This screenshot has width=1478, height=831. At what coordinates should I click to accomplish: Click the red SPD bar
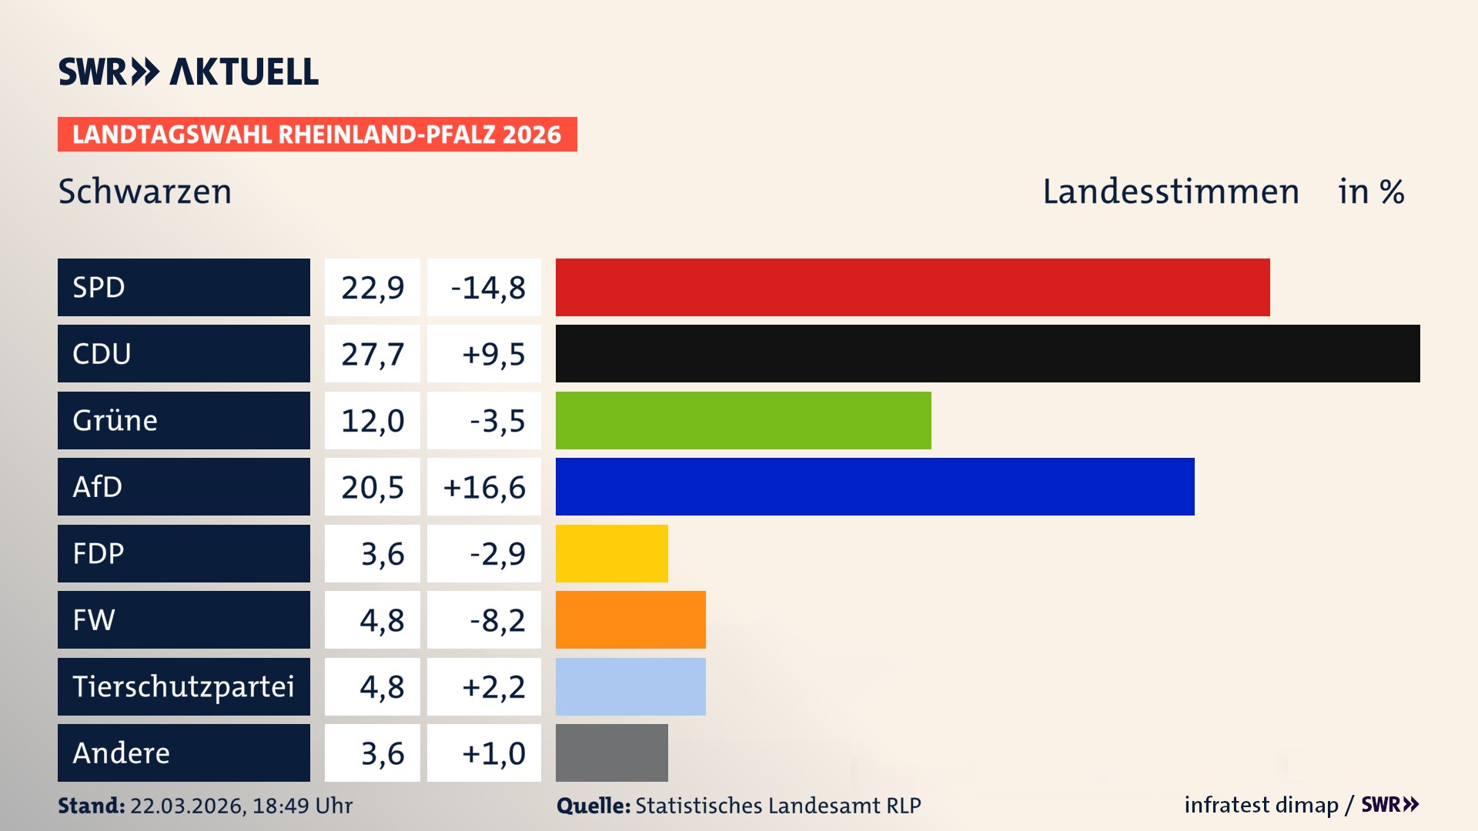click(x=912, y=287)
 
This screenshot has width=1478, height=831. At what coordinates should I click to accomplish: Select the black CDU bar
click(x=988, y=354)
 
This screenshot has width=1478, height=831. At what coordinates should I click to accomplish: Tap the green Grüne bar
click(x=743, y=420)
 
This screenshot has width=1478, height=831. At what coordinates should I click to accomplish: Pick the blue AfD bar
click(x=874, y=486)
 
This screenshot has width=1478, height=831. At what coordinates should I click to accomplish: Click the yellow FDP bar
click(x=611, y=553)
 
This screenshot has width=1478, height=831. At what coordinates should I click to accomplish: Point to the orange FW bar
click(x=630, y=619)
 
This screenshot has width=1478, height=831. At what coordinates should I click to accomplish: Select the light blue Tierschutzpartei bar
click(x=630, y=686)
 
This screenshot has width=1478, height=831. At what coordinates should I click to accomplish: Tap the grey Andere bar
click(x=611, y=753)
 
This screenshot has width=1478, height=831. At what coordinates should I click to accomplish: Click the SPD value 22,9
click(x=373, y=288)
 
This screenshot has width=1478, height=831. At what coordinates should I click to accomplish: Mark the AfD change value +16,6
click(x=484, y=487)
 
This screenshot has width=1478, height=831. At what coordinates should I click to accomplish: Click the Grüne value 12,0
click(x=373, y=421)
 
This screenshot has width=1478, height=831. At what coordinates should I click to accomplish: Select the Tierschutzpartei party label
click(x=183, y=686)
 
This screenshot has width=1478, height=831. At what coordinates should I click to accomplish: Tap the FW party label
click(x=94, y=619)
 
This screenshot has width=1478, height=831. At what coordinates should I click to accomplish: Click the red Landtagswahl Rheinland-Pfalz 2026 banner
click(x=316, y=135)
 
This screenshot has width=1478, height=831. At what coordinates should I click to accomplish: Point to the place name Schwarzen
click(x=145, y=192)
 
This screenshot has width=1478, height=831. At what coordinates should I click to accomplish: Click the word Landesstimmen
click(x=1170, y=192)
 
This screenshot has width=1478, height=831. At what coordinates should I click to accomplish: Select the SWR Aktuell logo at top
click(x=189, y=72)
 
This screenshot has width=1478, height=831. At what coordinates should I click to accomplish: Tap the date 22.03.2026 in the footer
click(x=186, y=806)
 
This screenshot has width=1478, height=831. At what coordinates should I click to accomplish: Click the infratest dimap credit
click(x=1260, y=805)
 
